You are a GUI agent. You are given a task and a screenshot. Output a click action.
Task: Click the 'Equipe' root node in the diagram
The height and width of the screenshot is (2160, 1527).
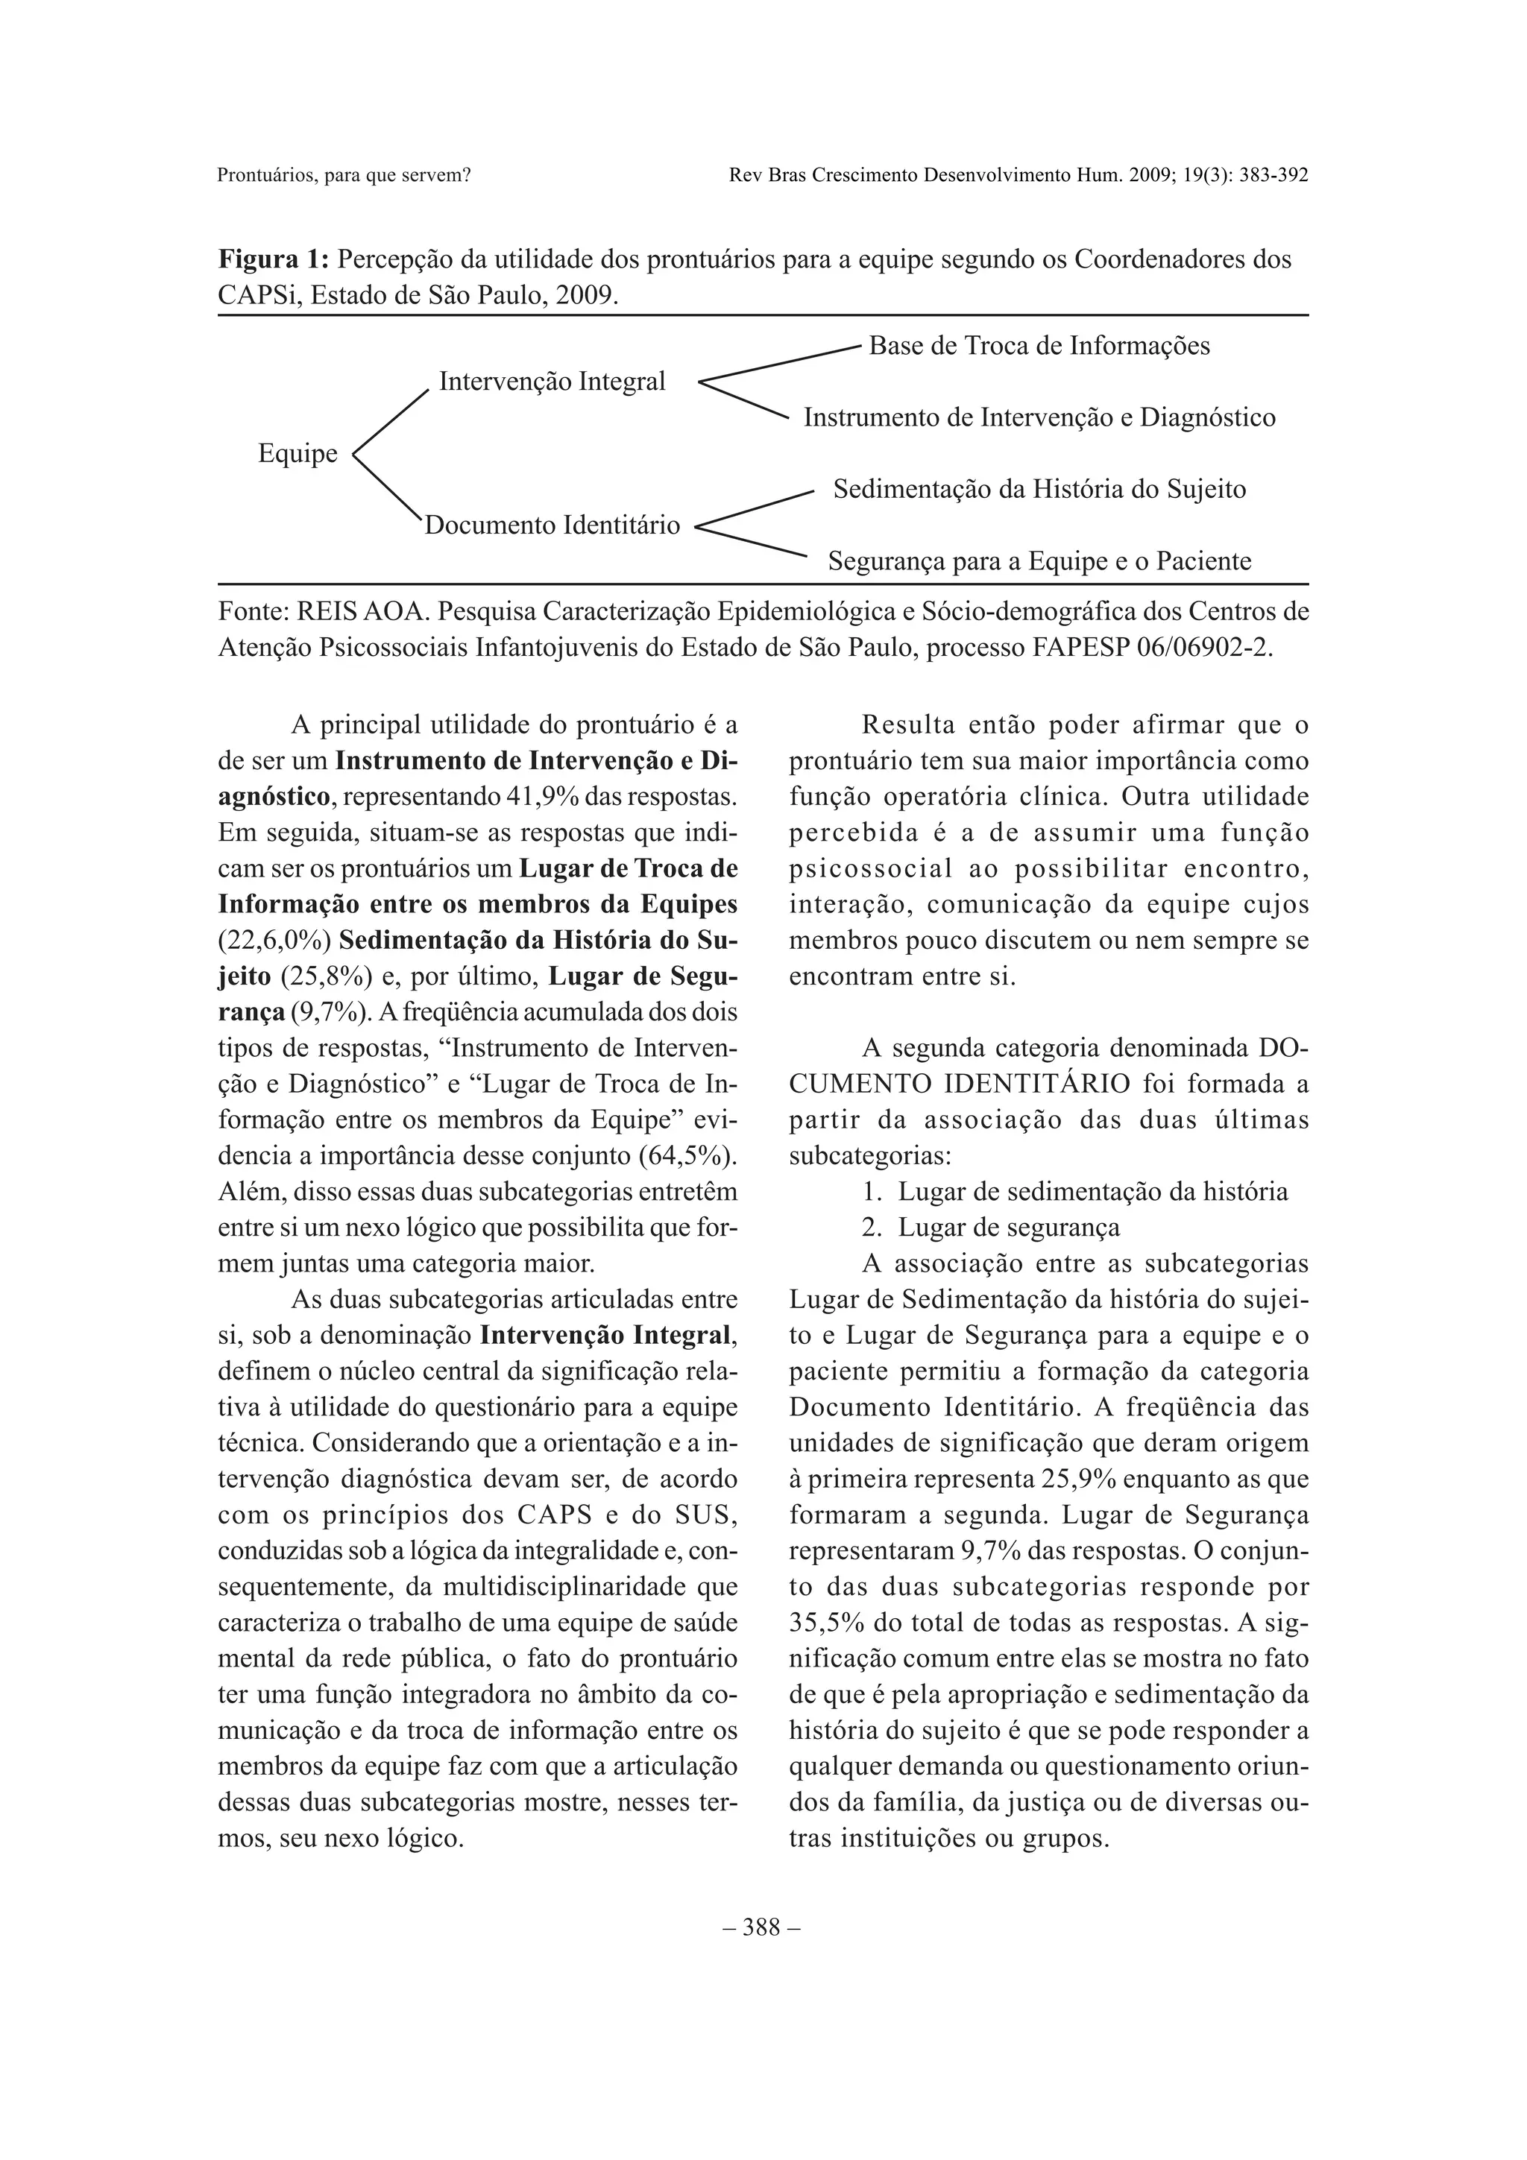(x=297, y=455)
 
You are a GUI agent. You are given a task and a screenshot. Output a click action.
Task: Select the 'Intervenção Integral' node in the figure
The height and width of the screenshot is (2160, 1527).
(x=552, y=382)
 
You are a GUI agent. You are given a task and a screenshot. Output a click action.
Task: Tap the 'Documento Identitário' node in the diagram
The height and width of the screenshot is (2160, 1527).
(x=552, y=525)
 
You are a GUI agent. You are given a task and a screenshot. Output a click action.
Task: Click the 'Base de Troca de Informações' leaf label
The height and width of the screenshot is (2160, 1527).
(x=1039, y=346)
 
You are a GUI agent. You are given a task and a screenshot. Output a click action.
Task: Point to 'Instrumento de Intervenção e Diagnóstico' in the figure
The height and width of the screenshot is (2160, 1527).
(x=1039, y=417)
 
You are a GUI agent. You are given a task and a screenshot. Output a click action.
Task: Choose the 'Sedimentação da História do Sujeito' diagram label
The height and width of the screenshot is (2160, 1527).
(x=1039, y=490)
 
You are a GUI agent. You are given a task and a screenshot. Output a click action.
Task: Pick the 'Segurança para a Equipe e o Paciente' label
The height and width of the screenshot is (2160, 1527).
(x=1039, y=563)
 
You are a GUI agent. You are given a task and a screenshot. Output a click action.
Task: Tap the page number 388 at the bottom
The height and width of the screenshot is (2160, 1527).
(x=762, y=1927)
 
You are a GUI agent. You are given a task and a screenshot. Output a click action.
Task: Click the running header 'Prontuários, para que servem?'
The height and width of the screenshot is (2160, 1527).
(x=344, y=175)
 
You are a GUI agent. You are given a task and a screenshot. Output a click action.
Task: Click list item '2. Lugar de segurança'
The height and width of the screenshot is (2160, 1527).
(x=991, y=1228)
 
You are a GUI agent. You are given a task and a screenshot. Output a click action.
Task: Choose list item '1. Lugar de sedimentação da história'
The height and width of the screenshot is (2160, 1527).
(x=1074, y=1192)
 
